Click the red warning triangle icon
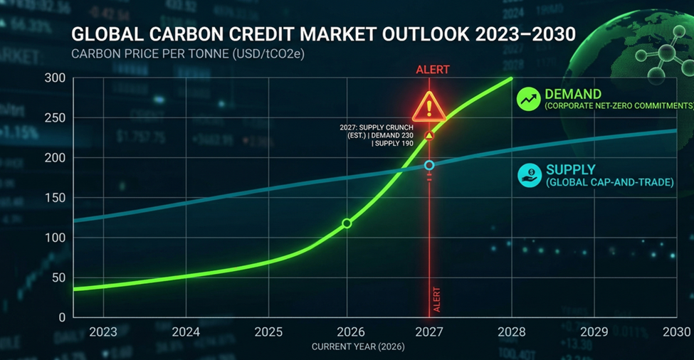point(429,107)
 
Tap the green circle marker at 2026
point(347,223)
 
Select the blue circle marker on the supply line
point(429,165)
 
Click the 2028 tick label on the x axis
point(511,332)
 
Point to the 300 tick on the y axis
point(54,78)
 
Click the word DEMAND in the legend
point(573,94)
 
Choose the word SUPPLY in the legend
point(569,171)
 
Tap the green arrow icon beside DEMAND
point(529,100)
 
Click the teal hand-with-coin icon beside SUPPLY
point(529,176)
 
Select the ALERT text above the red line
point(433,70)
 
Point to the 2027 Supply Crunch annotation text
point(377,135)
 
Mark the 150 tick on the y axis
point(54,197)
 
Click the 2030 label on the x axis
point(675,332)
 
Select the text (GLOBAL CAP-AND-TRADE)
point(609,183)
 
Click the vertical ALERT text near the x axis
point(437,300)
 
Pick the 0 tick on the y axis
point(62,317)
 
